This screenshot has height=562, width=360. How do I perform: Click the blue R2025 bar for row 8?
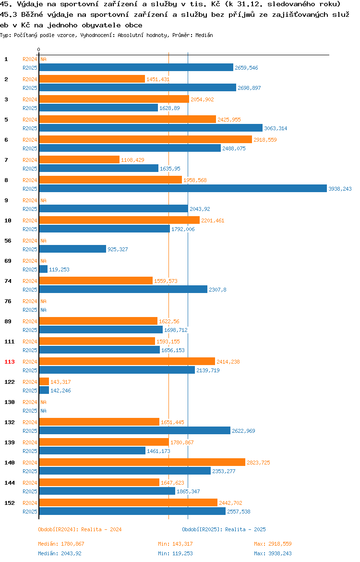tap(183, 188)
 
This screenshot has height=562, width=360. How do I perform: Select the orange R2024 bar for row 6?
tap(145, 140)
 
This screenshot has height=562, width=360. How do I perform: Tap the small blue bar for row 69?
tap(43, 269)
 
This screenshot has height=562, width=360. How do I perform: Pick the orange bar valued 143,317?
tap(44, 382)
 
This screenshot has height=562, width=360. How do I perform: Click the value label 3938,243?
tap(340, 189)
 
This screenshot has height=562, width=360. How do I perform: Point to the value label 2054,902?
tap(202, 99)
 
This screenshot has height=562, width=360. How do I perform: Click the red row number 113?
tap(10, 362)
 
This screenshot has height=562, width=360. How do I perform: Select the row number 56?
tap(8, 241)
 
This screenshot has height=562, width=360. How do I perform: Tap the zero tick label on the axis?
tap(39, 49)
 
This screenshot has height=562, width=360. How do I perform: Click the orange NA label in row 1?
tap(43, 59)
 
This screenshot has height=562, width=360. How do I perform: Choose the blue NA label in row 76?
tap(43, 310)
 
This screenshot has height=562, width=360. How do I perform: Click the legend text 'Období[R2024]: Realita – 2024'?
tap(80, 529)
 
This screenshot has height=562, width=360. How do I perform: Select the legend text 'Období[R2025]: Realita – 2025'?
tap(224, 529)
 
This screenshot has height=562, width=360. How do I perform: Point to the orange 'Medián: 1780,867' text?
tap(61, 544)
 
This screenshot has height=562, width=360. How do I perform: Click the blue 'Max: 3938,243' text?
tap(273, 553)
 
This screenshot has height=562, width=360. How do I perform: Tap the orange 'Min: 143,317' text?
tap(176, 544)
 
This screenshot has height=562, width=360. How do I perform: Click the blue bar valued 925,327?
tap(72, 249)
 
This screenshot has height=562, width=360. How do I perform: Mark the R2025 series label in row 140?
tap(30, 471)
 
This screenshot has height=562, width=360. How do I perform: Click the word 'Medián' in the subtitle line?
tap(204, 35)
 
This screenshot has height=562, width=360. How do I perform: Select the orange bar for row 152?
tap(128, 503)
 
